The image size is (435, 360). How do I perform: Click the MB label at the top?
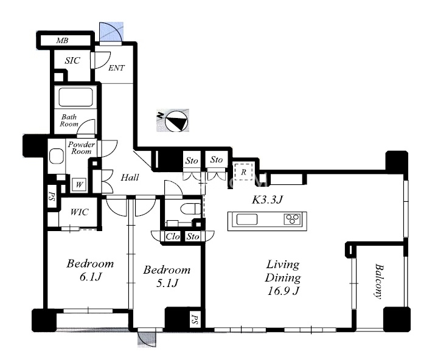pyautogui.click(x=62, y=41)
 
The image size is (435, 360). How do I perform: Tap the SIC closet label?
pyautogui.click(x=72, y=60)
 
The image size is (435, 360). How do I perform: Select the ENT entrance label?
pyautogui.click(x=116, y=68)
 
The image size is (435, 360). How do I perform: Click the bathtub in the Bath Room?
pyautogui.click(x=75, y=97)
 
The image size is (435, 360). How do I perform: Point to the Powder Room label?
pyautogui.click(x=82, y=148)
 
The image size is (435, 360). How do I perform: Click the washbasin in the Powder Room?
pyautogui.click(x=57, y=156)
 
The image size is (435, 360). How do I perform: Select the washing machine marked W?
pyautogui.click(x=79, y=184)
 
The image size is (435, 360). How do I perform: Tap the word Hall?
pyautogui.click(x=130, y=177)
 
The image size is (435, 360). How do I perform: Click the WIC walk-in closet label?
pyautogui.click(x=79, y=212)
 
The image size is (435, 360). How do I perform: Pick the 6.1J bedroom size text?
pyautogui.click(x=91, y=277)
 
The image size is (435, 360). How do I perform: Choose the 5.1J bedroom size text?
pyautogui.click(x=167, y=283)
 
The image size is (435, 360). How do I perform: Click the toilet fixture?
pyautogui.click(x=190, y=209)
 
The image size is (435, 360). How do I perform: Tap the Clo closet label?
pyautogui.click(x=173, y=237)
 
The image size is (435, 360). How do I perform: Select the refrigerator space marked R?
pyautogui.click(x=243, y=172)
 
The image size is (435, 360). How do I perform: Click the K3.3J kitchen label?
pyautogui.click(x=268, y=199)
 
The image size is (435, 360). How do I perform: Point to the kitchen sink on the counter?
pyautogui.click(x=247, y=220)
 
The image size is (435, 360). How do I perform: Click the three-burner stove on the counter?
pyautogui.click(x=292, y=219)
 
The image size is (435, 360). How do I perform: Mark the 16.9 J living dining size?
pyautogui.click(x=284, y=291)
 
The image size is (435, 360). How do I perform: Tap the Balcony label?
pyautogui.click(x=378, y=281)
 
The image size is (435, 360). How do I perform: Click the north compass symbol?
pyautogui.click(x=176, y=121)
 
